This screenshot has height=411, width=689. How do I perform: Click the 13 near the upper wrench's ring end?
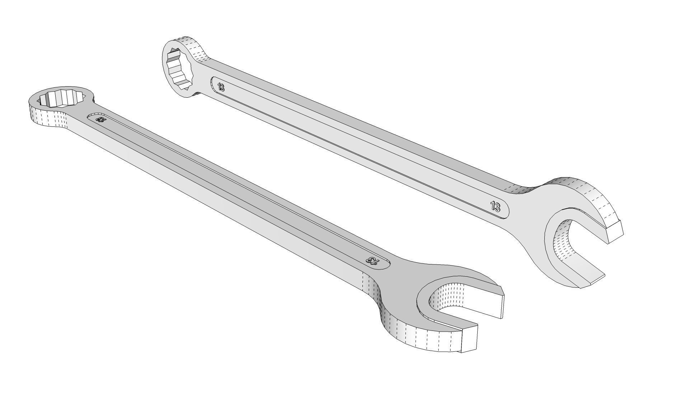click(x=221, y=87)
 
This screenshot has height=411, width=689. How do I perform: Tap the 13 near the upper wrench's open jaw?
click(x=495, y=207)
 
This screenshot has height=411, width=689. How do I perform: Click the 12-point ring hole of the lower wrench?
click(x=62, y=98)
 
